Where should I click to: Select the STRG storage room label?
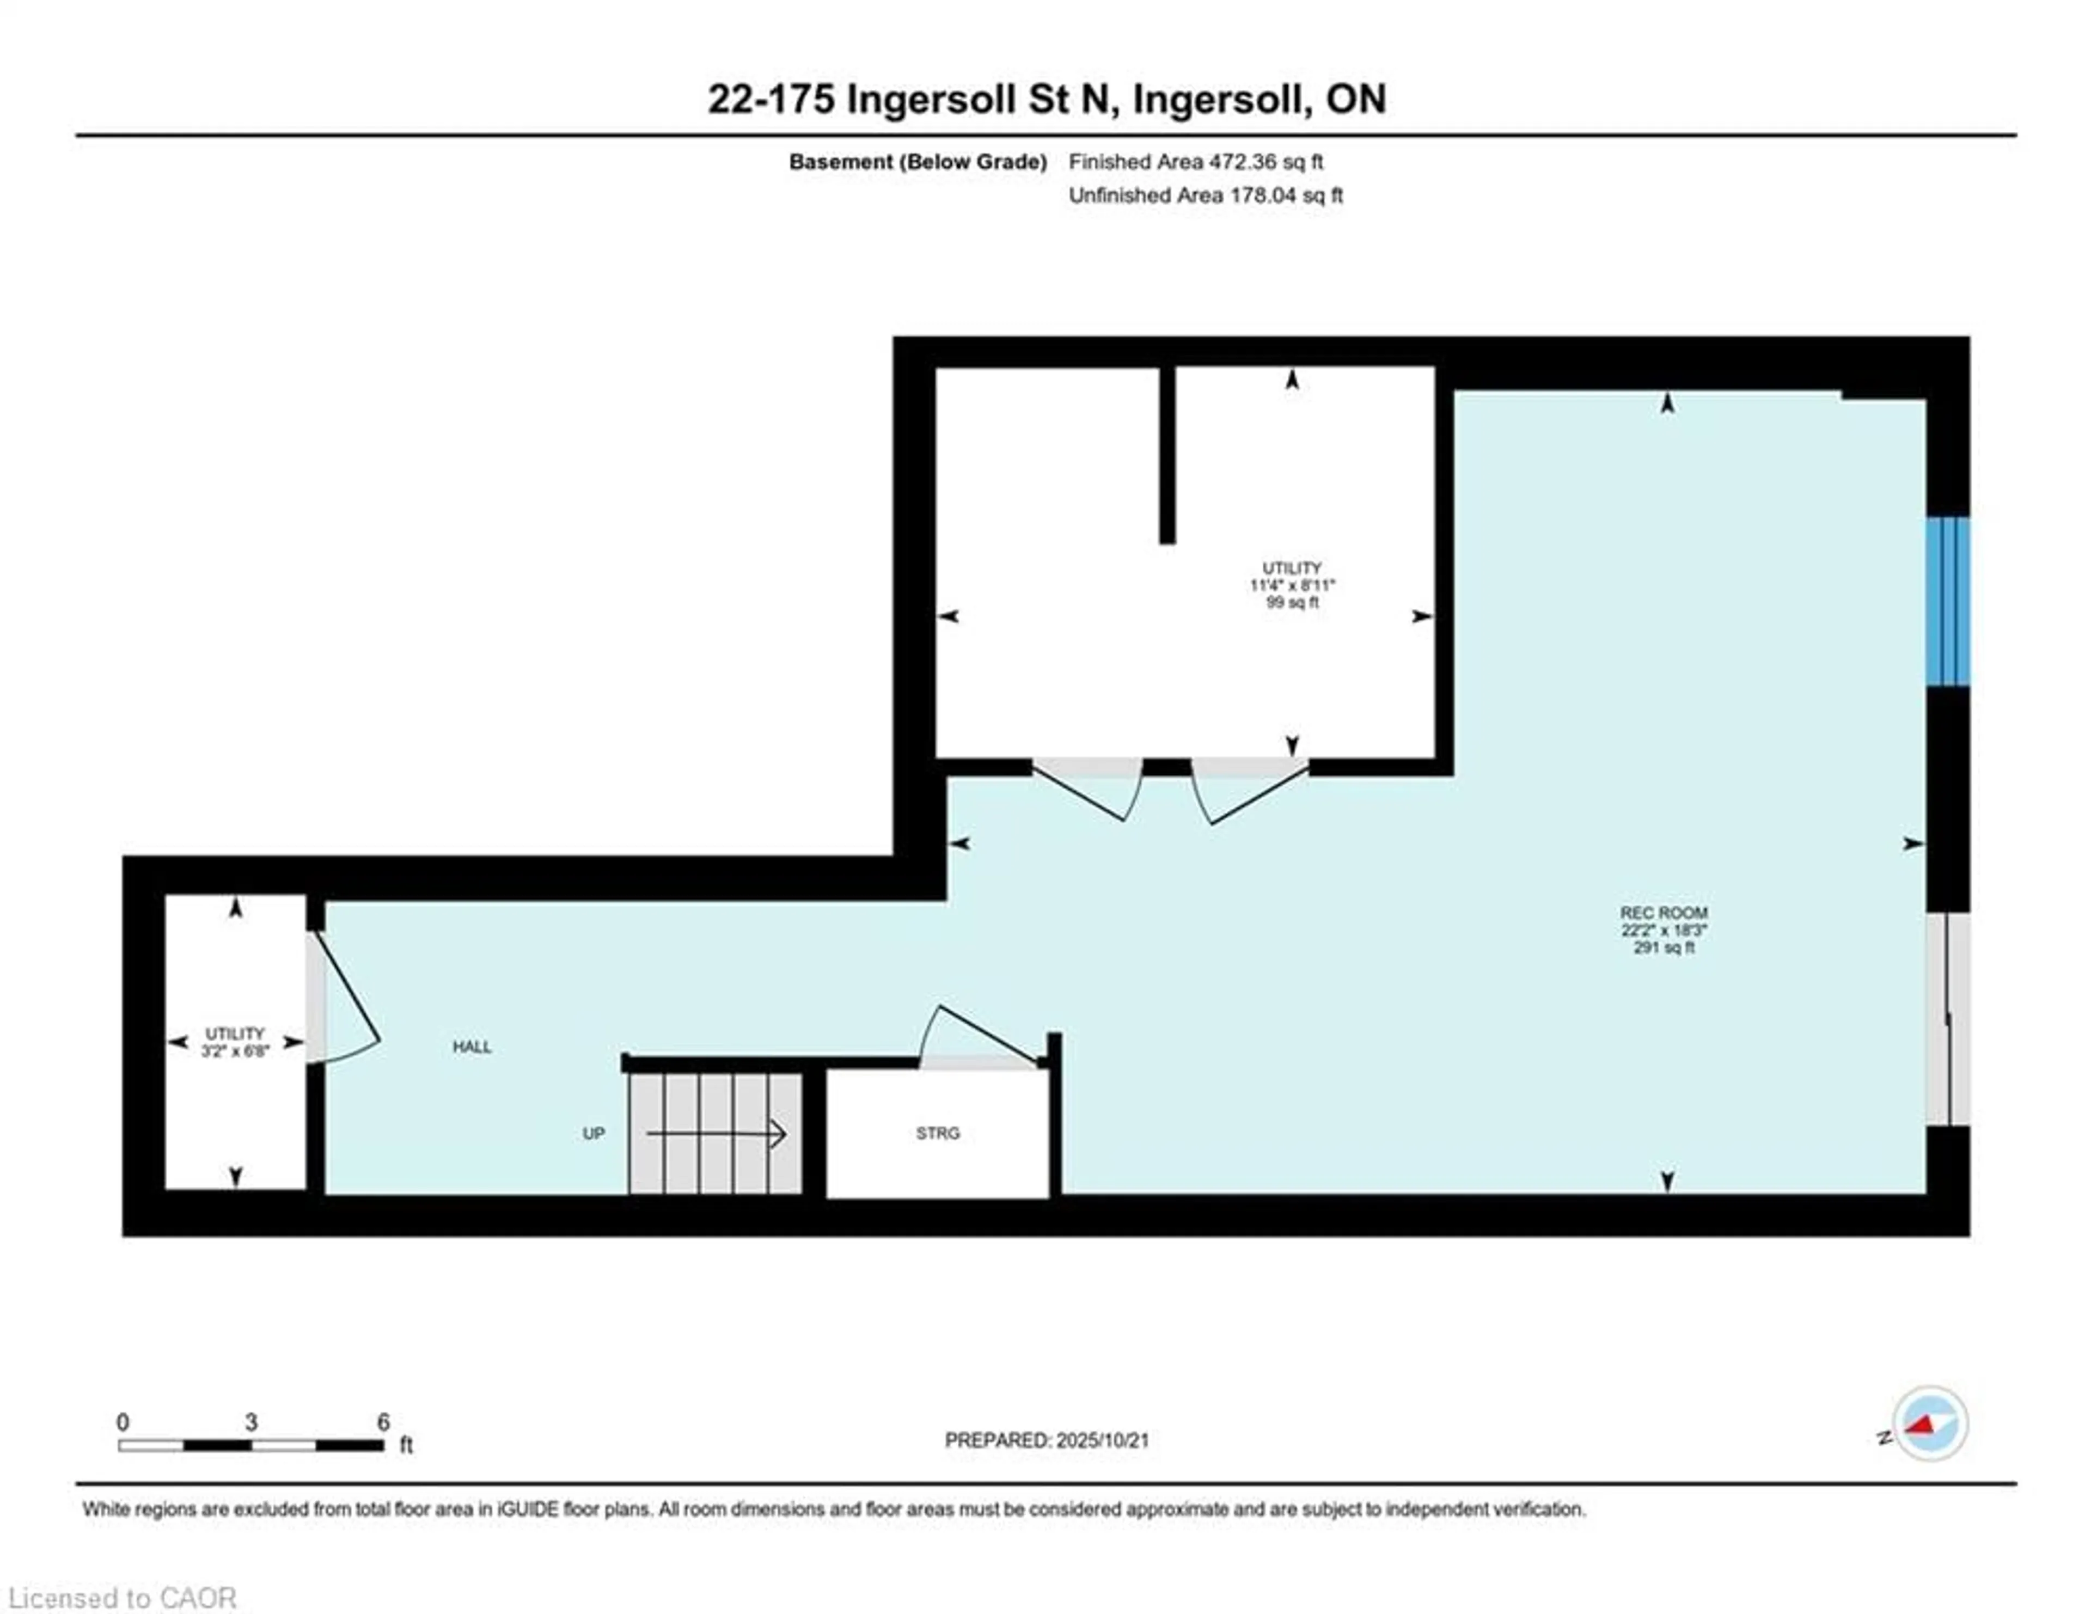[x=937, y=1133]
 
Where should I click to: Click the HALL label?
[x=472, y=1047]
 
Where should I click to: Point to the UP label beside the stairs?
[x=594, y=1133]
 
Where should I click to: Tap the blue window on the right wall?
[x=1947, y=601]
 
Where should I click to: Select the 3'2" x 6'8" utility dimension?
[x=235, y=1051]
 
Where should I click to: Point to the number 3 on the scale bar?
[x=251, y=1422]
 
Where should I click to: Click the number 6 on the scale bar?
[x=383, y=1422]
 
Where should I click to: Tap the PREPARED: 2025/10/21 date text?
[x=1047, y=1440]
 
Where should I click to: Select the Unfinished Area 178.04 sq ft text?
[x=1206, y=195]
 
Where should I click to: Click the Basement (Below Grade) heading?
[x=917, y=162]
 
